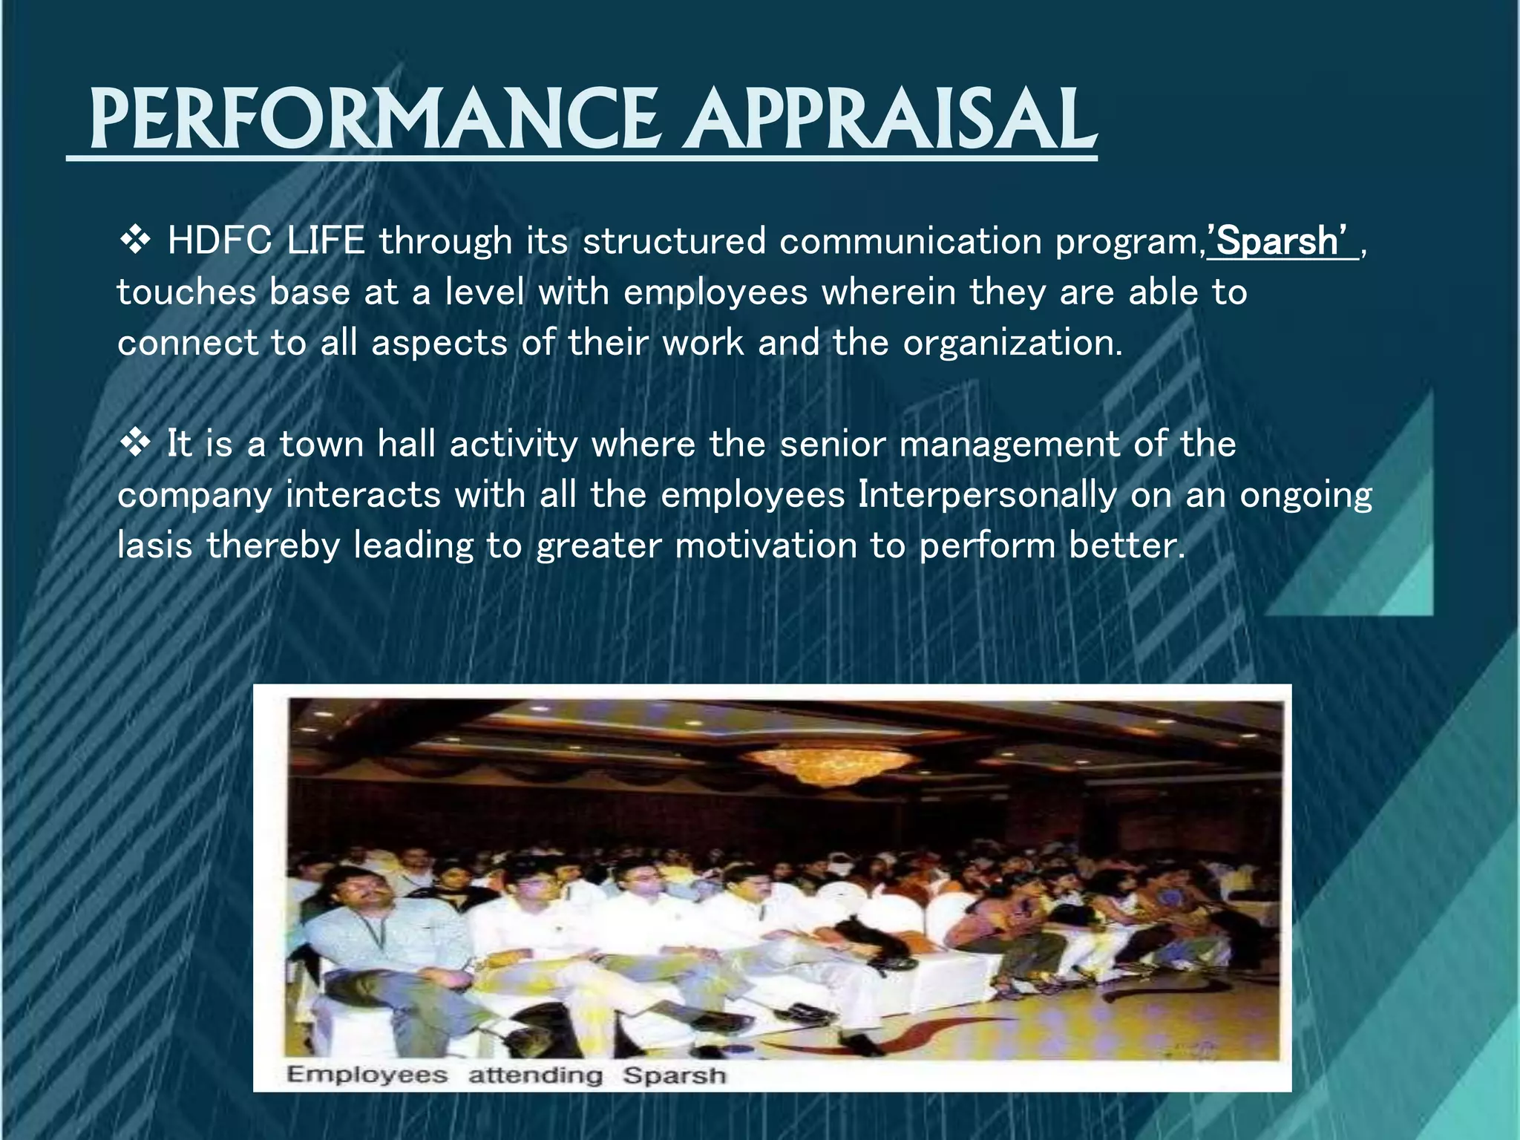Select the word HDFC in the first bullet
[220, 241]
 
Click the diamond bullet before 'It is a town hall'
[135, 444]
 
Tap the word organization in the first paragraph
[1012, 343]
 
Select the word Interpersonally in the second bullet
[987, 494]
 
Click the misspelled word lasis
[155, 546]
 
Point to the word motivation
[766, 546]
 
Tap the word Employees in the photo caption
[367, 1075]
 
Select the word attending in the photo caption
[535, 1075]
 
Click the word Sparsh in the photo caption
[674, 1075]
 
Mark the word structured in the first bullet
[674, 241]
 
